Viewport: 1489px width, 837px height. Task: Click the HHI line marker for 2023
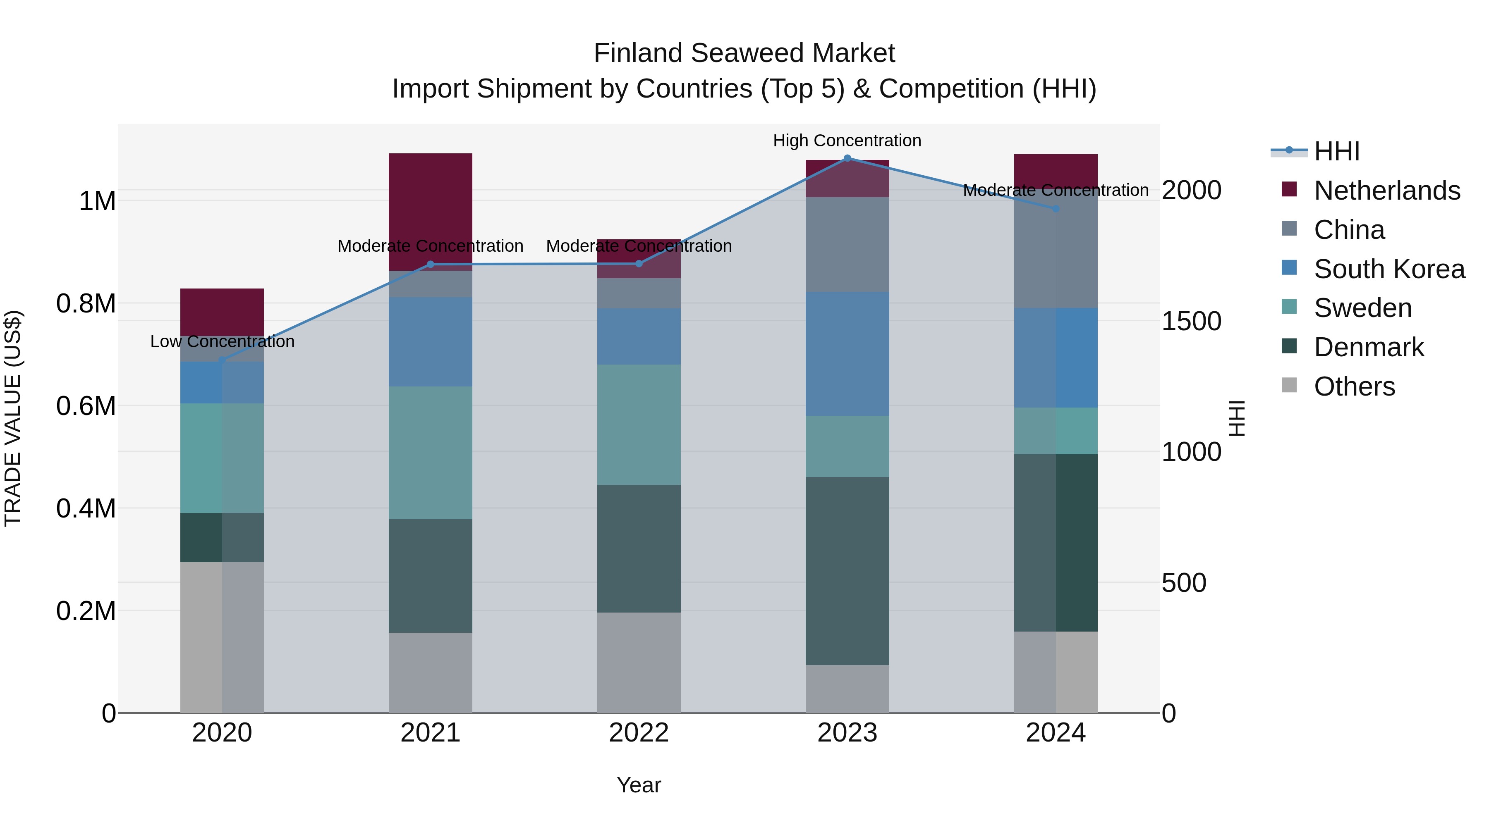pos(847,158)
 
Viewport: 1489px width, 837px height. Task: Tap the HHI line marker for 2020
pos(222,360)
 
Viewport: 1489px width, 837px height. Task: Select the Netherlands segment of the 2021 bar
pos(430,208)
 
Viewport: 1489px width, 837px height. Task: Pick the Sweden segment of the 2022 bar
pos(638,424)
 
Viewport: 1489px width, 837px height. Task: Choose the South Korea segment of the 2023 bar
pos(847,353)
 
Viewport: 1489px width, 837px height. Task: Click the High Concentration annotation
pos(847,141)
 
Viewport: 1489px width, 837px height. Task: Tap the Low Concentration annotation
pos(222,341)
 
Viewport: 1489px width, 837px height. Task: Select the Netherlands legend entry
pos(1386,191)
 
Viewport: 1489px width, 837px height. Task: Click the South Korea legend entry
pos(1388,269)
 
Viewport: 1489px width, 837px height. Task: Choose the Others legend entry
pos(1354,386)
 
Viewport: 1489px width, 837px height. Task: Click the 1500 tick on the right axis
pos(1191,321)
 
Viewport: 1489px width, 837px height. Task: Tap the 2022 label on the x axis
pos(638,733)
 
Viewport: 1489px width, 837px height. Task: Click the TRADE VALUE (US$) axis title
pos(13,418)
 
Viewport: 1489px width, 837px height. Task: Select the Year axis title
pos(638,785)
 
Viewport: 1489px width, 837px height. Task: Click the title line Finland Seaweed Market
pos(744,53)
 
